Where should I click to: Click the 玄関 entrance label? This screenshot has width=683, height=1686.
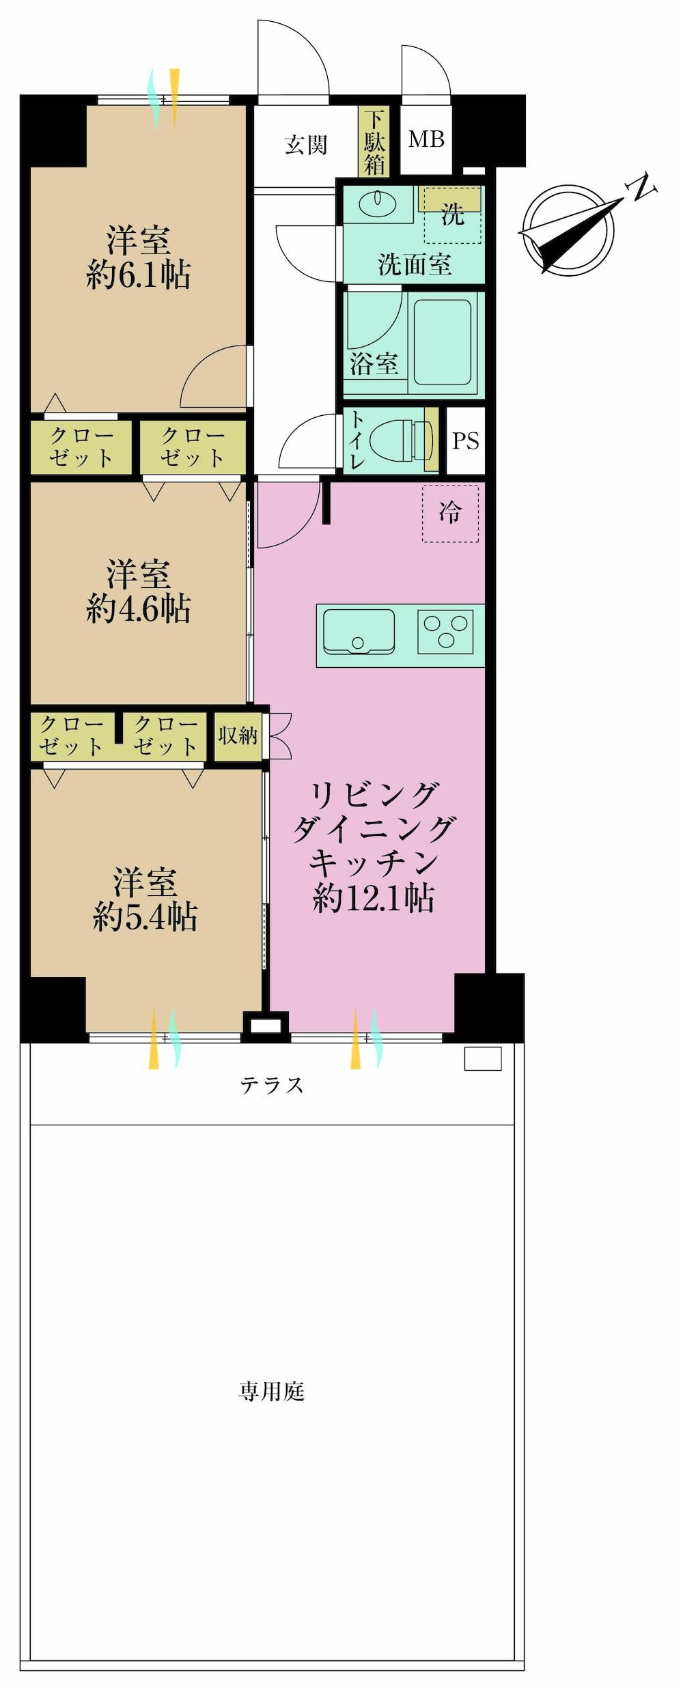306,145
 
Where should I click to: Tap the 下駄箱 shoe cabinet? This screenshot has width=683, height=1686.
374,142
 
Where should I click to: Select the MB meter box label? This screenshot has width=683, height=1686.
426,139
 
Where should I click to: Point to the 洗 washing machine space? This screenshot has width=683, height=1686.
452,214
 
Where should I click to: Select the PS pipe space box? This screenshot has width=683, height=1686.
466,440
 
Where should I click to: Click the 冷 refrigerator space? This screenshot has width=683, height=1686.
450,513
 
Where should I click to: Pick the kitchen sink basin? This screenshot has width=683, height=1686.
359,631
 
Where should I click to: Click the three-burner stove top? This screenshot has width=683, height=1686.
445,631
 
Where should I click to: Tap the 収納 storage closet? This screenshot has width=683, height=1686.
238,736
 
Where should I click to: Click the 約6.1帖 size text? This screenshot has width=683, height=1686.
139,276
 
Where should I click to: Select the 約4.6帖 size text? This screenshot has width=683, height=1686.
139,608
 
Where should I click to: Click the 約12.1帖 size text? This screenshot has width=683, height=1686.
374,899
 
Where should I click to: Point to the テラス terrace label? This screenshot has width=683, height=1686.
272,1084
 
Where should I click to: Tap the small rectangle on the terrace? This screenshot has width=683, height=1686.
483,1058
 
